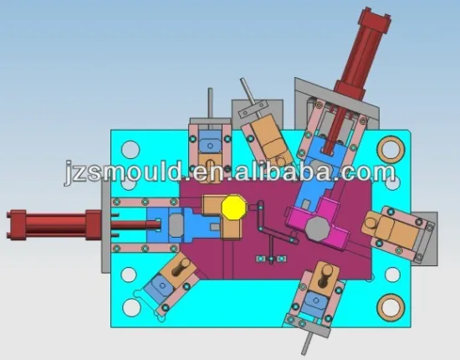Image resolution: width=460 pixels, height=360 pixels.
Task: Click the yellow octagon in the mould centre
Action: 233,207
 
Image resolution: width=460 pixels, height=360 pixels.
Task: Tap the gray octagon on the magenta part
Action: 318,228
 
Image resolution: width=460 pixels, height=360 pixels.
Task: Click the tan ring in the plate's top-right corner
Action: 389,149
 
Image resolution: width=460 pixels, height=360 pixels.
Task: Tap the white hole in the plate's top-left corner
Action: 130,152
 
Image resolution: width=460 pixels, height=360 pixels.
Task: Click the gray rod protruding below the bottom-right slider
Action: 310,339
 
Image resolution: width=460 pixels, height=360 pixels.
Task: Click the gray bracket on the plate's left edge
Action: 104,226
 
